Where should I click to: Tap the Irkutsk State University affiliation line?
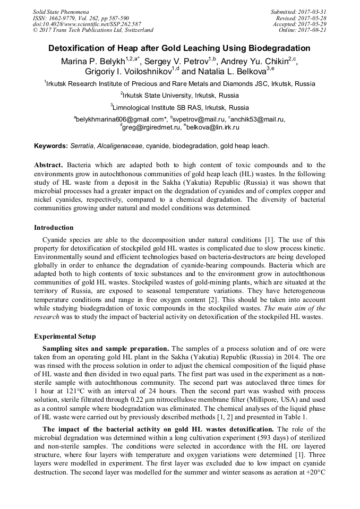coord(179,96)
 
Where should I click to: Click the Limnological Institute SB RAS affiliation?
coord(179,108)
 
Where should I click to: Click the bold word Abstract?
coord(49,166)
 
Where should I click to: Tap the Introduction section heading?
coord(54,228)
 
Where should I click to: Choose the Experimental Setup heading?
coord(64,336)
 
